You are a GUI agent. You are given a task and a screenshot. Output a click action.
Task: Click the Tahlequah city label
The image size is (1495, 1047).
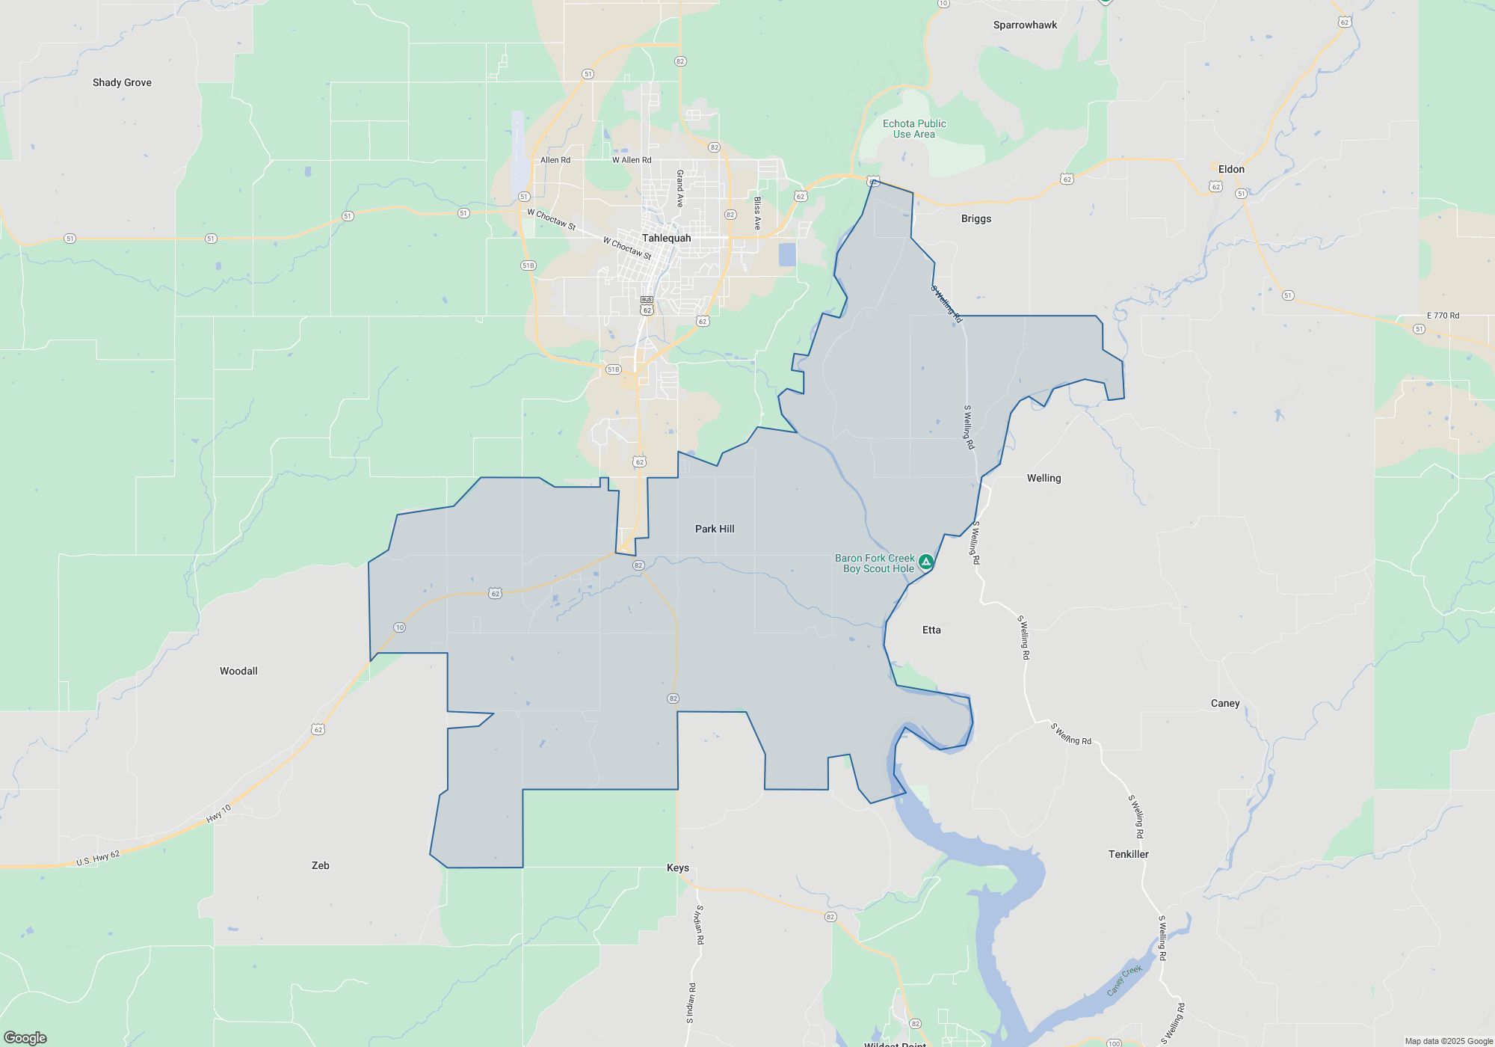point(666,238)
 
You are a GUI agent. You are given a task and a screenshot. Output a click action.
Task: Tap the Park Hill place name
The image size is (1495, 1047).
point(715,529)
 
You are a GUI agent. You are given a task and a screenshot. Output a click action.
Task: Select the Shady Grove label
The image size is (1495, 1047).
point(122,82)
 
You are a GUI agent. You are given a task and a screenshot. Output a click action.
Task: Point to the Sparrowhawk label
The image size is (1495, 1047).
point(1025,25)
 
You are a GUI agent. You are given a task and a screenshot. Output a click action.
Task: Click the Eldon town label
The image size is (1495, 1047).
point(1231,169)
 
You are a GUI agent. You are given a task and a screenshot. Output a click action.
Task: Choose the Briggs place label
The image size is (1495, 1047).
point(976,218)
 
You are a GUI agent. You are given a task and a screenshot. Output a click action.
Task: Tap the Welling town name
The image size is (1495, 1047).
point(1044,478)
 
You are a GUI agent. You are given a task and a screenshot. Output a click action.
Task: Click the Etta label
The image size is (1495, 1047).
point(931,630)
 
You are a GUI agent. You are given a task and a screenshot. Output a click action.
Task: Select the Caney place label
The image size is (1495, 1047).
point(1225,703)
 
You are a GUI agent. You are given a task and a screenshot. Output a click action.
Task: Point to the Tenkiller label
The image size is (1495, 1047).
point(1128,854)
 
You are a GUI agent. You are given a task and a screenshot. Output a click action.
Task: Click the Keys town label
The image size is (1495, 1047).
point(678,868)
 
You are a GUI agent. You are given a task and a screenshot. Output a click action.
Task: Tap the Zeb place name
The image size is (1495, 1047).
point(320,865)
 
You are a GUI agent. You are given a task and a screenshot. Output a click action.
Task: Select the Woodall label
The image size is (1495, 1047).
point(238,671)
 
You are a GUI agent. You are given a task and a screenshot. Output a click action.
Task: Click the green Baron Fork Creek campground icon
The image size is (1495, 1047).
point(925,562)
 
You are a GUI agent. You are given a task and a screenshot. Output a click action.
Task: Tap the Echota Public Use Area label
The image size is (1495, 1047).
point(914,129)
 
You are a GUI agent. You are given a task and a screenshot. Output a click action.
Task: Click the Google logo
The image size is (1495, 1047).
point(25,1038)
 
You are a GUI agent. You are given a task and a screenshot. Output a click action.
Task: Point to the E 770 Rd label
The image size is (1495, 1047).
point(1443,316)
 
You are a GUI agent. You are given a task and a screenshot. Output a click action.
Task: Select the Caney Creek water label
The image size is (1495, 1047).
point(1124,980)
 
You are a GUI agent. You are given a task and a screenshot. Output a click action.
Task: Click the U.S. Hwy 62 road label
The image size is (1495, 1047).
point(98,859)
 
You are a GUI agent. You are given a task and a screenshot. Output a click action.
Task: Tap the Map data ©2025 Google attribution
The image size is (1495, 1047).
point(1449,1041)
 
